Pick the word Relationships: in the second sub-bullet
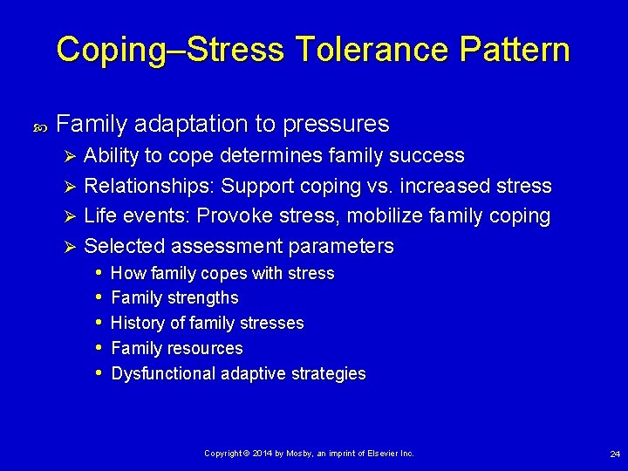[x=149, y=186]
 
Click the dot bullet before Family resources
[x=99, y=348]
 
